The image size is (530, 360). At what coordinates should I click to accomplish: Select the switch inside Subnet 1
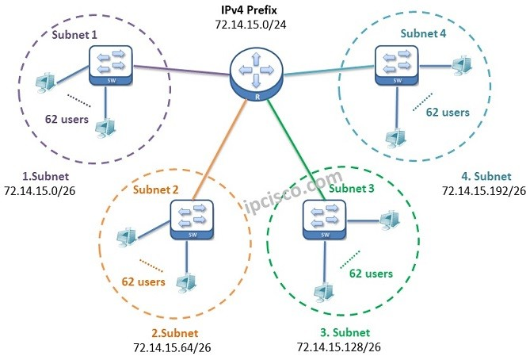coord(111,66)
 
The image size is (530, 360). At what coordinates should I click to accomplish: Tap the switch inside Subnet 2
coord(192,220)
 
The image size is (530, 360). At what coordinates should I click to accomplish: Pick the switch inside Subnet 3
coord(325,220)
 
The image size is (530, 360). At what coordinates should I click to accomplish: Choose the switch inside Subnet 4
coord(397,65)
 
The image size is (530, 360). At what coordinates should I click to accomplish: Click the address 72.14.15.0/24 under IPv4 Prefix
coord(250,25)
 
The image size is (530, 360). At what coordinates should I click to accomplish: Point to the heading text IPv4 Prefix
coord(249,10)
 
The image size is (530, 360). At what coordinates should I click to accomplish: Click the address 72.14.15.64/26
coord(172,348)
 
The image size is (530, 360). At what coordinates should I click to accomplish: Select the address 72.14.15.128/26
coord(339,347)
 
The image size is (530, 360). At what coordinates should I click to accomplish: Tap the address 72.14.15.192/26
coord(484,191)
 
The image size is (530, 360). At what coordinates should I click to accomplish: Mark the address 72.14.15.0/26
coord(40,191)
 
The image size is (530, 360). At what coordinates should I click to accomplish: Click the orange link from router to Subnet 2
coord(219,150)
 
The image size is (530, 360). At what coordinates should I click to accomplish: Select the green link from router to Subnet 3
coord(296,150)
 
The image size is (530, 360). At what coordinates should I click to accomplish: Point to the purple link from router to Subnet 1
coord(182,71)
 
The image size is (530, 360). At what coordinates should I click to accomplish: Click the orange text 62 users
coord(143,281)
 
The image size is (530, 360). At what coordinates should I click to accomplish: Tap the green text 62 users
coord(371,274)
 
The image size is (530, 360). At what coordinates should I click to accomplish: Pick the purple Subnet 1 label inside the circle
coord(74,35)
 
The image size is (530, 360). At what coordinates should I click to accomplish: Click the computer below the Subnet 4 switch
coord(396,138)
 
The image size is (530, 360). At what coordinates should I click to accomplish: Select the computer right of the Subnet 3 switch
coord(390,220)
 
